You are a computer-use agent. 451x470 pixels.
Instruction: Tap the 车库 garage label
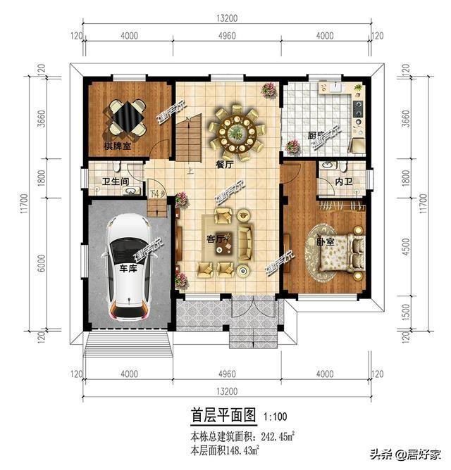128,269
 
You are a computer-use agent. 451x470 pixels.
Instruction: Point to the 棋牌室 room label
118,147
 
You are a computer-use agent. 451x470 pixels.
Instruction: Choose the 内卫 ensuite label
344,182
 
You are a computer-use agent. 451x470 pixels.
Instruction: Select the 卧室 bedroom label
326,241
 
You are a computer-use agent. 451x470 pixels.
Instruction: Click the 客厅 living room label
215,239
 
